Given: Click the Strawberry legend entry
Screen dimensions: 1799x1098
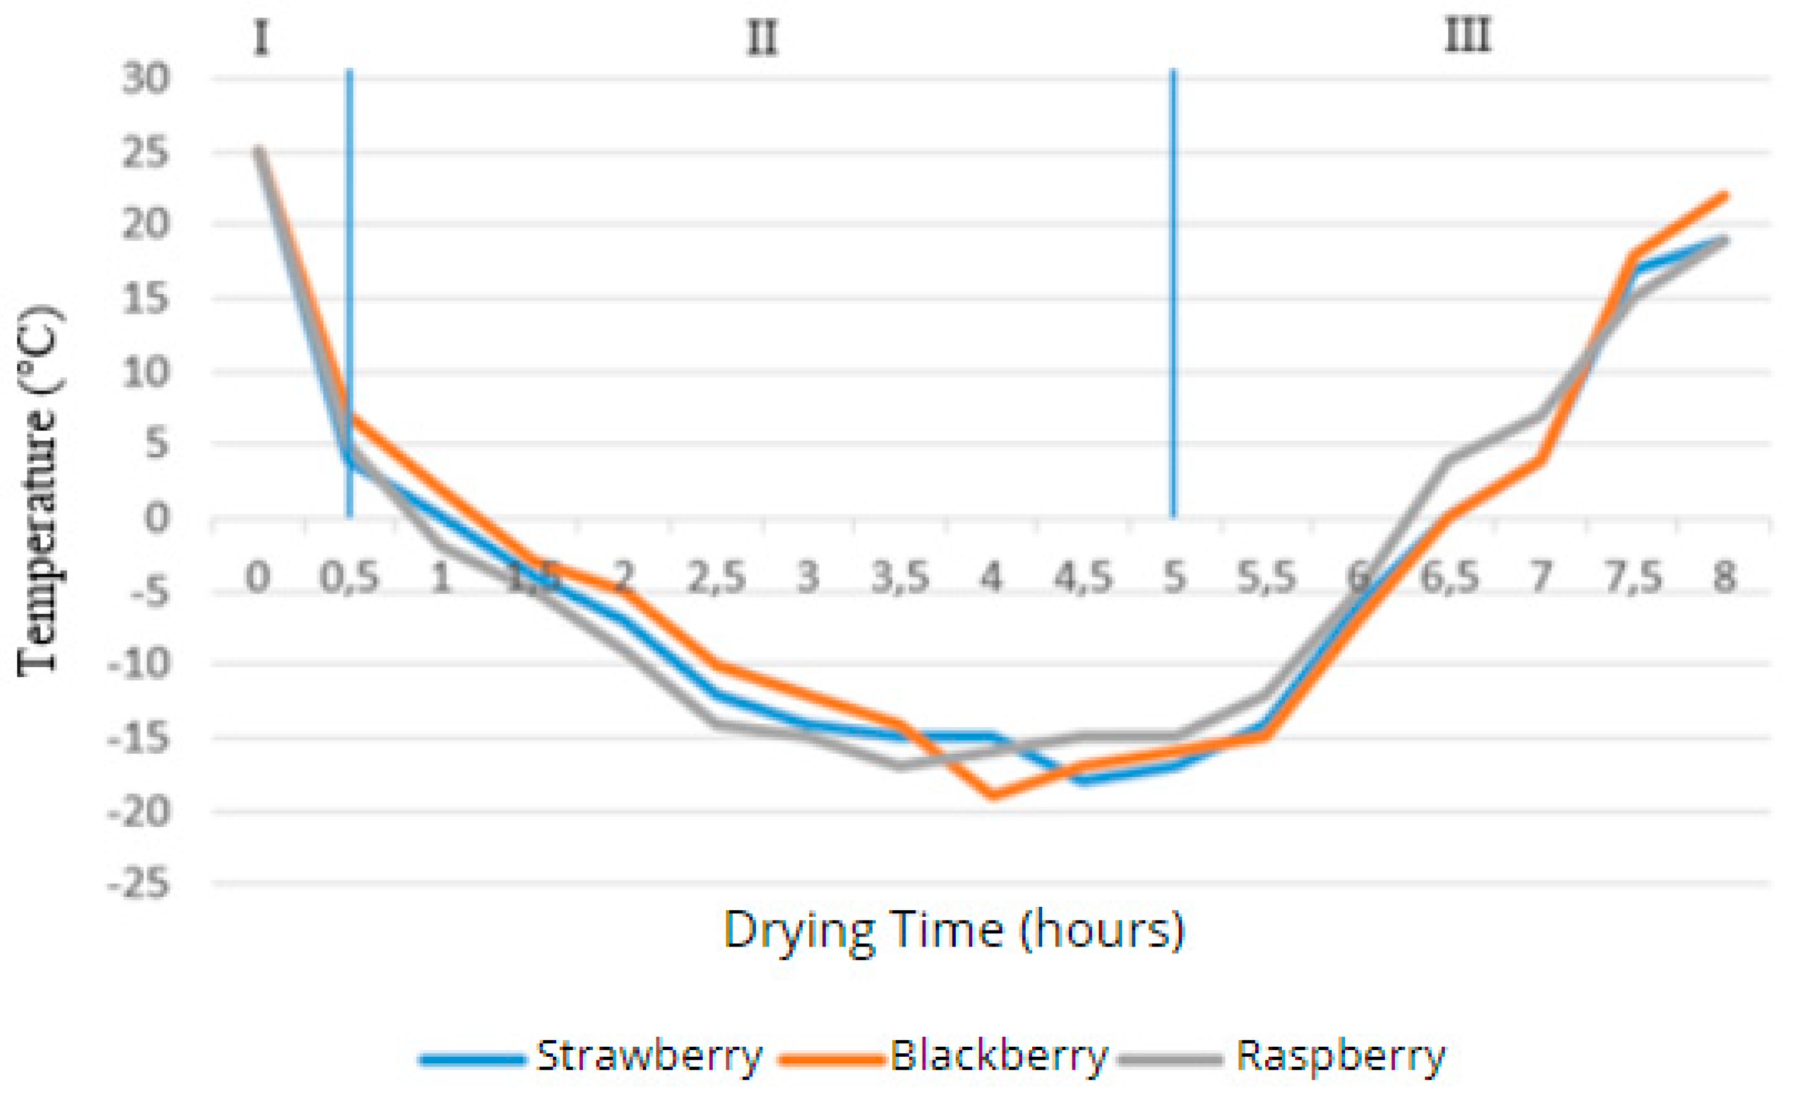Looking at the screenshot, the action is [x=592, y=1056].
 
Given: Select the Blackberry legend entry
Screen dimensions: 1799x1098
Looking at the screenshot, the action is [x=944, y=1056].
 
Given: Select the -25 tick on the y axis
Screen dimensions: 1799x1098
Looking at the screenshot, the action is [x=138, y=885].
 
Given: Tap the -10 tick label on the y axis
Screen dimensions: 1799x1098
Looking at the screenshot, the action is [x=138, y=664].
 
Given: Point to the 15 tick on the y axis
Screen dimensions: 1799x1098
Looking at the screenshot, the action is [x=145, y=299].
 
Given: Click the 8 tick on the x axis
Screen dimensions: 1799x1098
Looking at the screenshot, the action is [x=1725, y=577].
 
